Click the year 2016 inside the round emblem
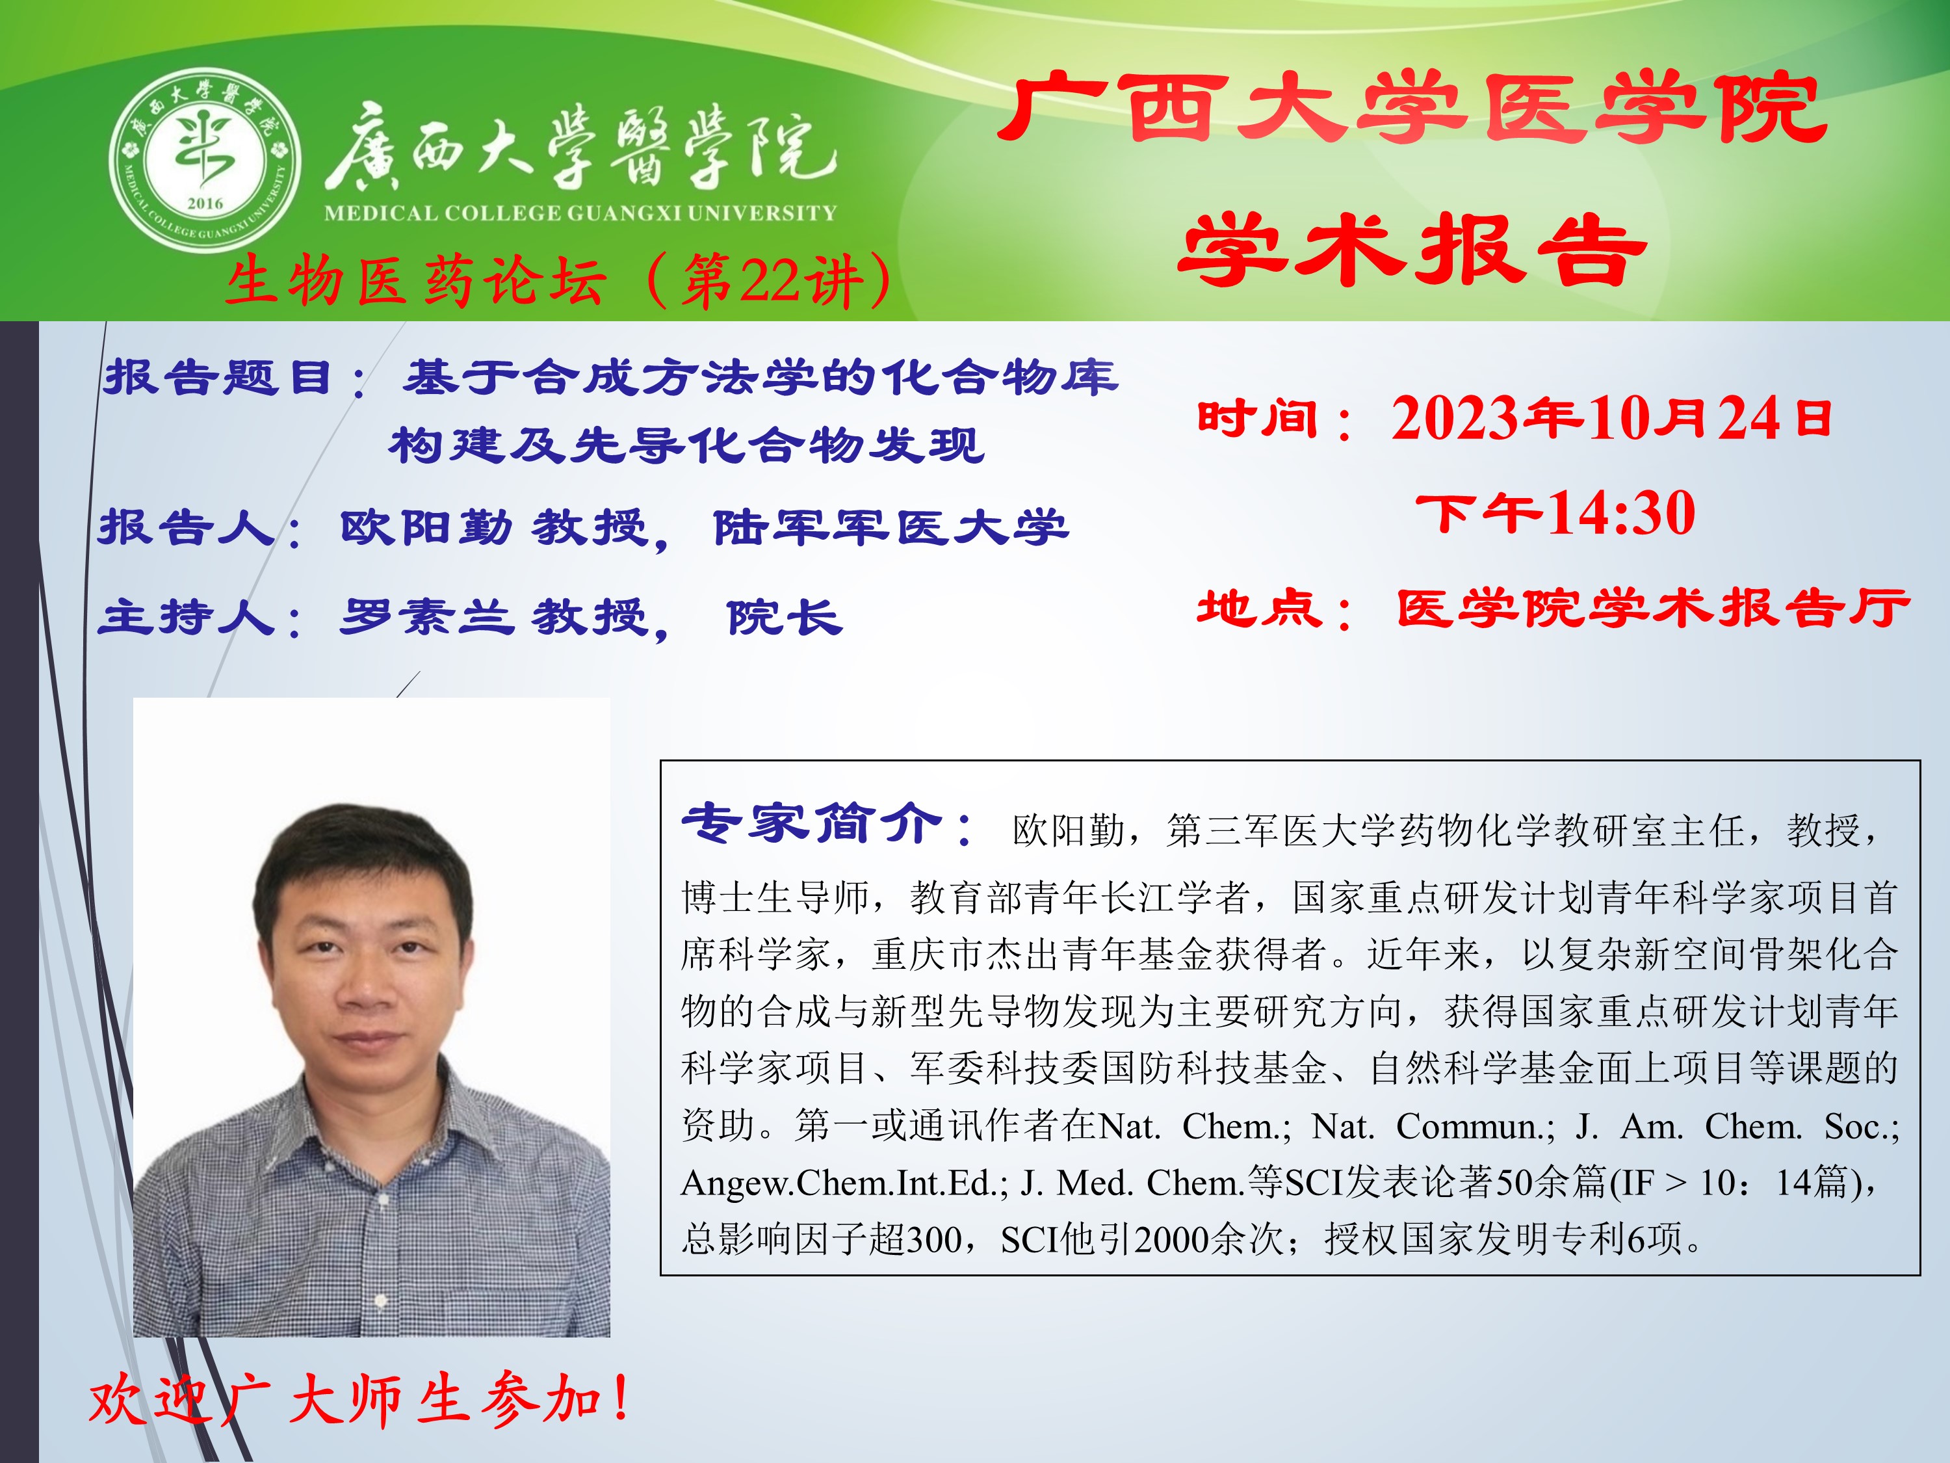pos(205,204)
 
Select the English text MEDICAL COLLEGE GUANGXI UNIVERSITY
pos(580,213)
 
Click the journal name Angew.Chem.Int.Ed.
pos(844,1183)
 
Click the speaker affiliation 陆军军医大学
pos(891,528)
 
